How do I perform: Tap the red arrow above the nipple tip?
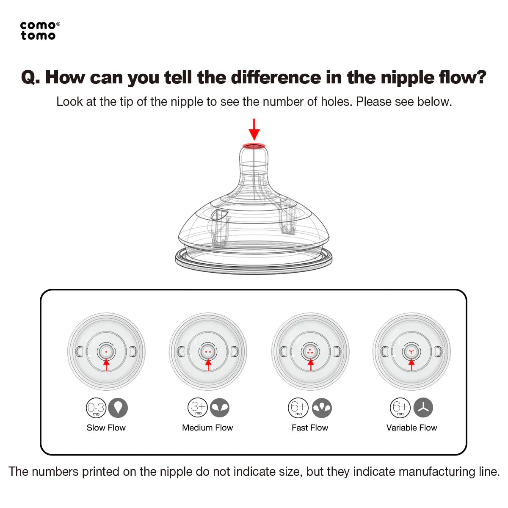(254, 129)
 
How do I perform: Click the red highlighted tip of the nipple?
(254, 145)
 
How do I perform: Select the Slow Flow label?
(106, 427)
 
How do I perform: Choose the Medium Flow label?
(207, 427)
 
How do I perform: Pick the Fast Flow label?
(310, 427)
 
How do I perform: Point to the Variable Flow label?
(411, 427)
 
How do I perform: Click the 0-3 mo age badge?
(96, 408)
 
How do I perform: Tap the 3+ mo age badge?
(198, 408)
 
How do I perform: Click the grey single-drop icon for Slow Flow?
(118, 408)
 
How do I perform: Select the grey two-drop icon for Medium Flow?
(220, 408)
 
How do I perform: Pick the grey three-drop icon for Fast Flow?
(322, 408)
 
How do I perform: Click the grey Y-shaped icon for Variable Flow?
(423, 408)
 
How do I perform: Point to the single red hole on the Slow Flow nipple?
(106, 352)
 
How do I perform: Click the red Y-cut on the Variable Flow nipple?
(411, 352)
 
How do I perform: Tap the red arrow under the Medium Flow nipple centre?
(208, 365)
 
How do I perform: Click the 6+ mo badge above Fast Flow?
(298, 408)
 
